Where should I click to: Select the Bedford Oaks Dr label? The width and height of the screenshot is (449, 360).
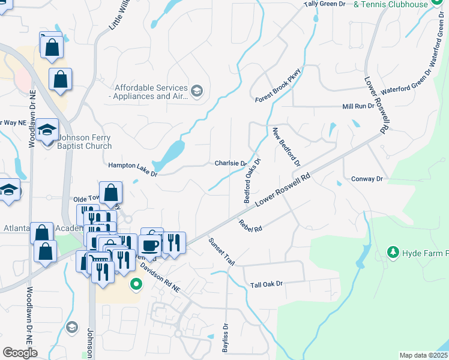coord(252,181)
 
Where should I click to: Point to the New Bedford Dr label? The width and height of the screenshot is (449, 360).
coord(286,148)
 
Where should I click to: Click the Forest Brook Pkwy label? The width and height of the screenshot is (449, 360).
coord(278,85)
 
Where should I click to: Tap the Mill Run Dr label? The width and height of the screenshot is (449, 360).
coord(358,106)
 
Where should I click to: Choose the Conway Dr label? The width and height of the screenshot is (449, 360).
coord(367,179)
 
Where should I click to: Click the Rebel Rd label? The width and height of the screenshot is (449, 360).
coord(251,226)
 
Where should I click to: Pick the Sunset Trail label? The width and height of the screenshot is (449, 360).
coord(221,251)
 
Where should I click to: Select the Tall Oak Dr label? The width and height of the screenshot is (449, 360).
coord(266,284)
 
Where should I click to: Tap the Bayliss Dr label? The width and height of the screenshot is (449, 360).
coord(226,339)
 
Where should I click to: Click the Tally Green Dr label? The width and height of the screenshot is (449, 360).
coord(324,4)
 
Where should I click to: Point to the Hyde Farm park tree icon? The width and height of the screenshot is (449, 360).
coord(393,252)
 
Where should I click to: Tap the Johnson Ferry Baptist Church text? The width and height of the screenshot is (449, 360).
coord(85,142)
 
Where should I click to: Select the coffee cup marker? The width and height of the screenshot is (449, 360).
coord(149,245)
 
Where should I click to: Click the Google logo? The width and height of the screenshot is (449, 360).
coord(20,353)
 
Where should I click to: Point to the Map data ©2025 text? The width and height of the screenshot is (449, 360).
coord(423,355)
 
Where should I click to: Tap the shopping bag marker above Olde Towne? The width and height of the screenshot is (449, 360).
coord(111,193)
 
